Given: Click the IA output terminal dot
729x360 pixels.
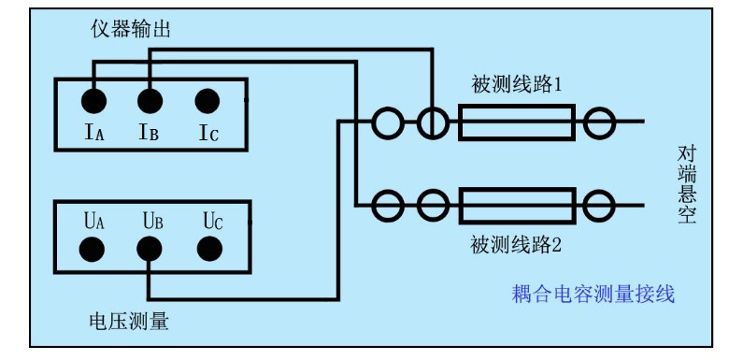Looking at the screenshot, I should (x=93, y=100).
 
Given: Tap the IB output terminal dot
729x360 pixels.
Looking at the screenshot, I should (x=150, y=100).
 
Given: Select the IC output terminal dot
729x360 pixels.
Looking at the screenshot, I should (x=207, y=100).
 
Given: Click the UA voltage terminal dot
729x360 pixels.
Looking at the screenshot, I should (x=93, y=249).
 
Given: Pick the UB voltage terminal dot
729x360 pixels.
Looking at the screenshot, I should (x=150, y=249).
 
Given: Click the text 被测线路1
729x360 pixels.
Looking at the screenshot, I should (x=516, y=85).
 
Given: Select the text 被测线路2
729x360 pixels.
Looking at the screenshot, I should (x=515, y=247).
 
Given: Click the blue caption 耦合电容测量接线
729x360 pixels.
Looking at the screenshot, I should (x=593, y=295).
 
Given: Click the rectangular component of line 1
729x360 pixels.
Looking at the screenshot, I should (x=516, y=122).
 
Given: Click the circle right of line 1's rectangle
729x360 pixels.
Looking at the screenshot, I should (x=599, y=122).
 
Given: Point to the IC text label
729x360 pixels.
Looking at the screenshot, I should (x=207, y=133).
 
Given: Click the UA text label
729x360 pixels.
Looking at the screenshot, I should (x=93, y=221).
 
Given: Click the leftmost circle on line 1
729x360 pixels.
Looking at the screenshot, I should (x=387, y=122).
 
